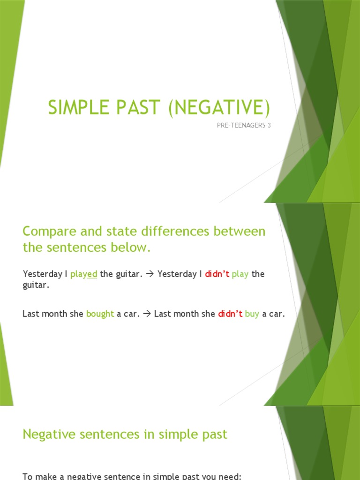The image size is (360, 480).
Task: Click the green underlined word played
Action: click(x=84, y=274)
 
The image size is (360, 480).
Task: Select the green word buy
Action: click(x=252, y=314)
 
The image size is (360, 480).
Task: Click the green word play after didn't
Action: click(x=240, y=274)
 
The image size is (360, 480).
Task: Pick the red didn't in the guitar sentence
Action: click(x=217, y=274)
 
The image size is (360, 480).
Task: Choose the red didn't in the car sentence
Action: click(x=230, y=314)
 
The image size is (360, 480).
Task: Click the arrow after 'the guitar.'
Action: click(x=150, y=274)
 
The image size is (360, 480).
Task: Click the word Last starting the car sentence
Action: click(x=30, y=314)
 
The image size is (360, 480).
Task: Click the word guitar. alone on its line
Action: click(x=36, y=285)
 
